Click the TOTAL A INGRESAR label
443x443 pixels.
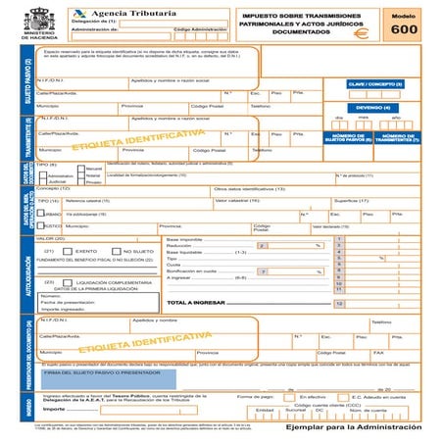tap(202, 303)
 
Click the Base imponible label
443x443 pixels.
tap(185, 238)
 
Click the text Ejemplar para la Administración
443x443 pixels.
tap(350, 427)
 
